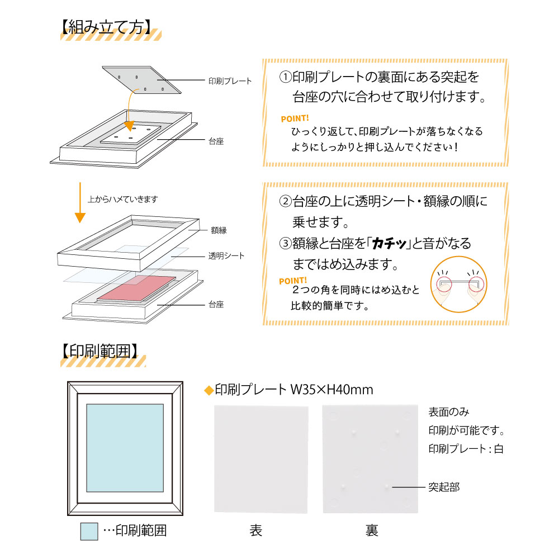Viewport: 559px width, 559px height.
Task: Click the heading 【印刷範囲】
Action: [x=98, y=351]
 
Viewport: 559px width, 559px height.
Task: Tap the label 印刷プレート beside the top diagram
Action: [x=229, y=81]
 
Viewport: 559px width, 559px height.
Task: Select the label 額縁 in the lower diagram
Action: [x=219, y=230]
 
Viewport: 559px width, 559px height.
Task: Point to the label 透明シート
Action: [x=226, y=256]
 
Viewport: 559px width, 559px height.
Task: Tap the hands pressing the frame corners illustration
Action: [x=458, y=285]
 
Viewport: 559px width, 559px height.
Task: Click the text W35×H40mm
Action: [x=331, y=389]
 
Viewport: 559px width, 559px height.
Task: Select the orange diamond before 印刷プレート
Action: [x=209, y=390]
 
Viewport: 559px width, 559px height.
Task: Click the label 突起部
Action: [x=444, y=487]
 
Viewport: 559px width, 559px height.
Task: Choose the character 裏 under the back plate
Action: [x=372, y=530]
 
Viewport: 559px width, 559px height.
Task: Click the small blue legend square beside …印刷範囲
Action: [x=89, y=531]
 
